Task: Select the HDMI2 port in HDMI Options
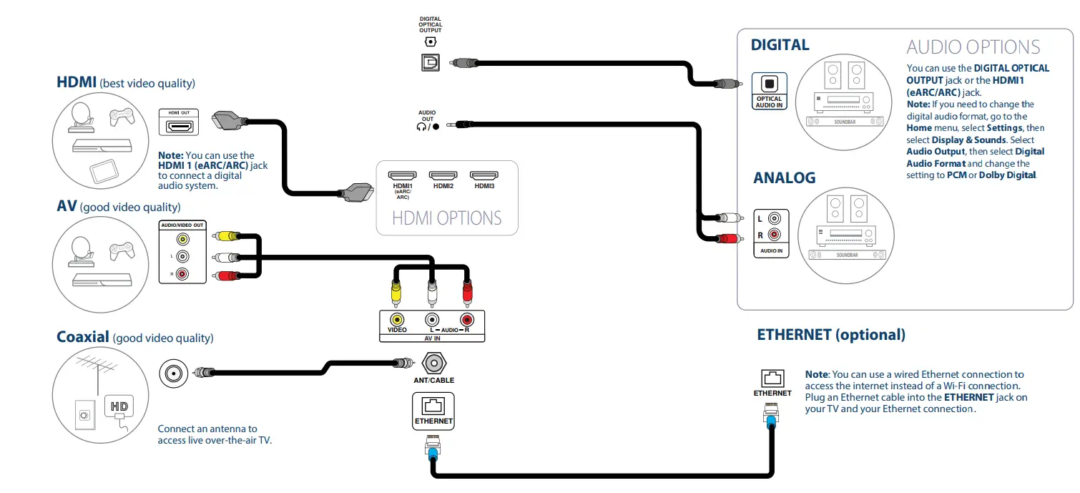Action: pos(443,175)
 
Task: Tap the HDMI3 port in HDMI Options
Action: pos(483,175)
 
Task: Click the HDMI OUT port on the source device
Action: pos(179,127)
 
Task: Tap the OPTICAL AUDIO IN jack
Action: pos(769,83)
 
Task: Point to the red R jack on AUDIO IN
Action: pos(774,234)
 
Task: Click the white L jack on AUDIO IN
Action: pos(774,219)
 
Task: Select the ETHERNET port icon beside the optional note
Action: pos(772,379)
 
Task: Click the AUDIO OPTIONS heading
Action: pos(973,47)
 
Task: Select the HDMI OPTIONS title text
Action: pos(447,218)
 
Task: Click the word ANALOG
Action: pos(784,177)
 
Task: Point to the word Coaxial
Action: pos(83,337)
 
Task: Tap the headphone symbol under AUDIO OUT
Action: pos(421,127)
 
